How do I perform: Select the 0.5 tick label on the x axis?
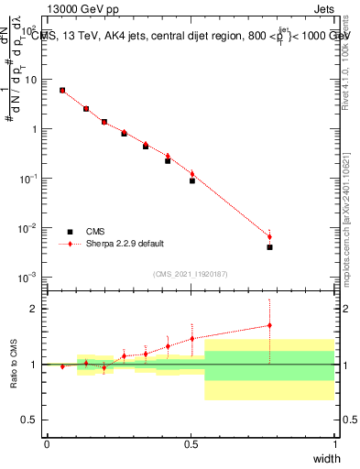(191, 444)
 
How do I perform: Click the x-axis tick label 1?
(334, 444)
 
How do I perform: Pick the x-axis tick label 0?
(47, 444)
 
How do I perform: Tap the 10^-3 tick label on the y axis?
(27, 277)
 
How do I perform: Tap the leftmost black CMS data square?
(61, 91)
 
